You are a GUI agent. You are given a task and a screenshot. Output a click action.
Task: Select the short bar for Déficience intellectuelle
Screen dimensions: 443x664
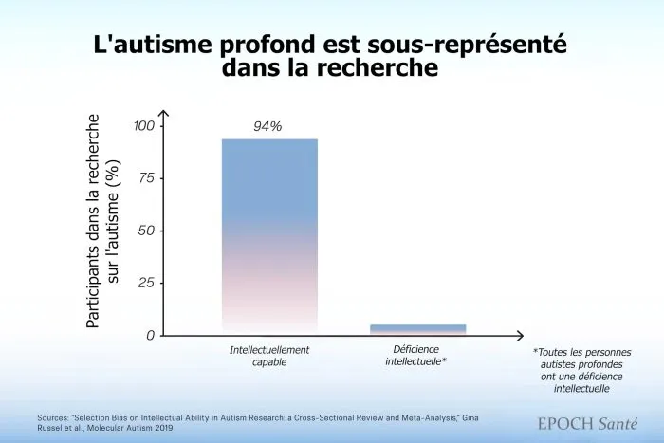tap(418, 329)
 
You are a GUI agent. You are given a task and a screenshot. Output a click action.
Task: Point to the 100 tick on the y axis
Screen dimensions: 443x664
tap(144, 126)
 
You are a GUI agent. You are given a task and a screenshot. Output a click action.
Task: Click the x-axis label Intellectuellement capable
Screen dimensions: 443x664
tap(269, 356)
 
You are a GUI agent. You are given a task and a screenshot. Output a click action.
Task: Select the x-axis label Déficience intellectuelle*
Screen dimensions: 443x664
tap(418, 356)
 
